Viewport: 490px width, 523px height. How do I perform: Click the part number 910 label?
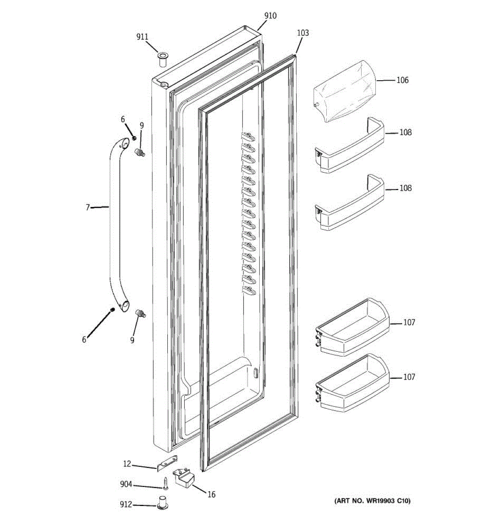coord(270,16)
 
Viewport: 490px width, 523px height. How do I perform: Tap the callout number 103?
coord(303,33)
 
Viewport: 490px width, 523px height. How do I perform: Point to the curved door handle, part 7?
coord(115,218)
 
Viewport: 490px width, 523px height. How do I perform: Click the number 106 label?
coord(402,80)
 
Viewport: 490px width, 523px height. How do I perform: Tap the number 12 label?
coord(127,464)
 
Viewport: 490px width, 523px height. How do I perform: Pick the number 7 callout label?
coord(88,207)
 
